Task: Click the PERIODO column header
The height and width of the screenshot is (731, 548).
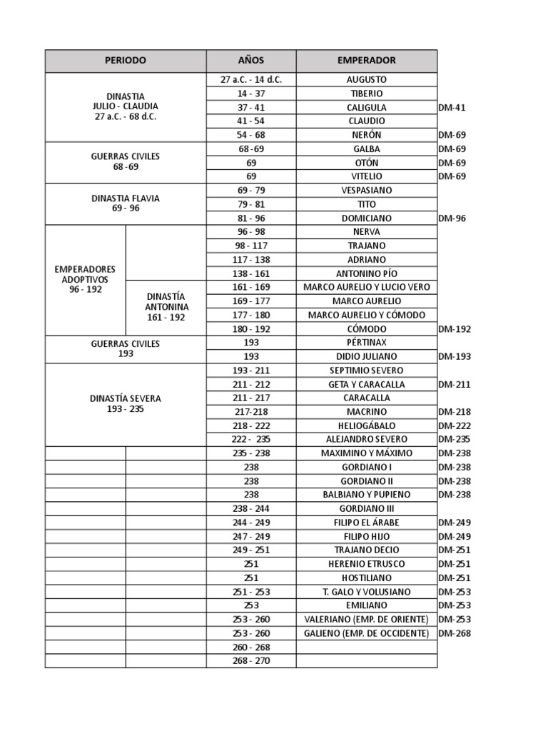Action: (x=126, y=61)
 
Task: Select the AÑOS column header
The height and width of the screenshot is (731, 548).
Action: (x=251, y=61)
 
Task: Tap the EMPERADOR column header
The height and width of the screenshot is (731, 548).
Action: (x=366, y=61)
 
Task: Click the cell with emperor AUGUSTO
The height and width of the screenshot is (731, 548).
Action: (x=366, y=80)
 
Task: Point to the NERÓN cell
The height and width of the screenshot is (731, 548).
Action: (x=366, y=135)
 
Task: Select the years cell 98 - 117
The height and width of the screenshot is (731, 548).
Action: (x=251, y=246)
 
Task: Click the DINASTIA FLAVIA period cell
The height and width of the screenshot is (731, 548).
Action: (x=126, y=203)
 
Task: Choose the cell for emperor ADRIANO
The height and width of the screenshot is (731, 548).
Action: (x=366, y=260)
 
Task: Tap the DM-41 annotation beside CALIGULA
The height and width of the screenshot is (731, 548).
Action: (x=452, y=108)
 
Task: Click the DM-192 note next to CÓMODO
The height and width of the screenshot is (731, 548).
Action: (x=454, y=329)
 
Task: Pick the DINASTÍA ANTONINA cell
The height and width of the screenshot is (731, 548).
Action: (x=166, y=307)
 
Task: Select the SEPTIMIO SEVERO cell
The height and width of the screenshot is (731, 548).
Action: (x=366, y=370)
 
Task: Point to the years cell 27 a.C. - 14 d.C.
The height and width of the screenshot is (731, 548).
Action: (x=251, y=80)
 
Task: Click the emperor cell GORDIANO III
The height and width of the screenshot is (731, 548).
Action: (x=366, y=509)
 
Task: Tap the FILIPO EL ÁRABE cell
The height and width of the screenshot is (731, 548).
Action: (x=366, y=523)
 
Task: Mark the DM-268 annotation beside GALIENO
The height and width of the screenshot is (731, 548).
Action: (x=454, y=633)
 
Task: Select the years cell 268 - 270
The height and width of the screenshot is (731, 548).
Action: (x=251, y=661)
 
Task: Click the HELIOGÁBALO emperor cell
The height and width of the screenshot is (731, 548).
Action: (x=366, y=425)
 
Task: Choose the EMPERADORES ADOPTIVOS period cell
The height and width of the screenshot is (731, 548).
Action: (x=85, y=280)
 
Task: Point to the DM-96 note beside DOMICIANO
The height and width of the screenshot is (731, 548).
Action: (x=452, y=218)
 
